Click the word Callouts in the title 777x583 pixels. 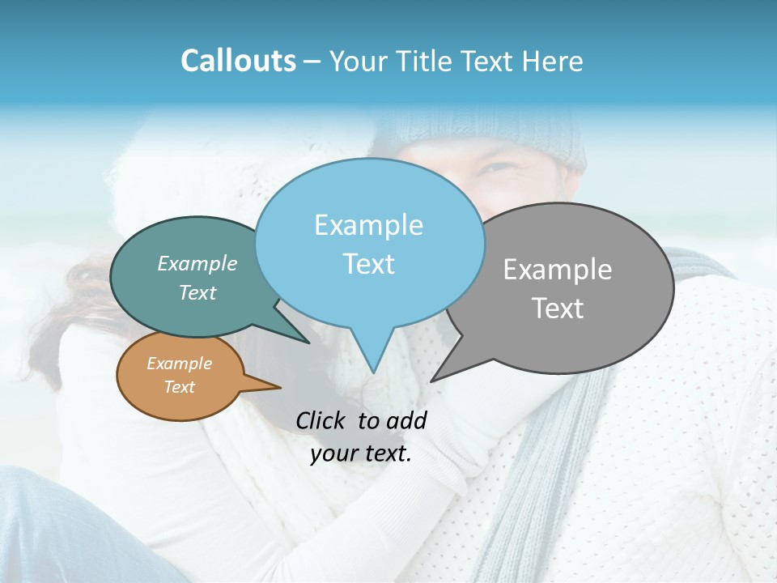pos(238,61)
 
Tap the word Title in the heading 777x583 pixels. pos(425,61)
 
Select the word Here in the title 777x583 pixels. pos(553,61)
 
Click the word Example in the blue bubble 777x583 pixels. pos(368,225)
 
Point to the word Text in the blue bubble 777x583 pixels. pos(368,264)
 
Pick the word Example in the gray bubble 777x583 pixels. pos(558,270)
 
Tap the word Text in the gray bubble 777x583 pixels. pos(558,309)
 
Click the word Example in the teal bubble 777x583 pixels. pos(197,263)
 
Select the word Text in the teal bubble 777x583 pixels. pos(197,292)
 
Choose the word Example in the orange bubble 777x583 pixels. pos(179,364)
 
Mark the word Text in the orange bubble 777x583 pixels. pos(179,387)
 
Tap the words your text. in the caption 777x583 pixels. pos(360,453)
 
